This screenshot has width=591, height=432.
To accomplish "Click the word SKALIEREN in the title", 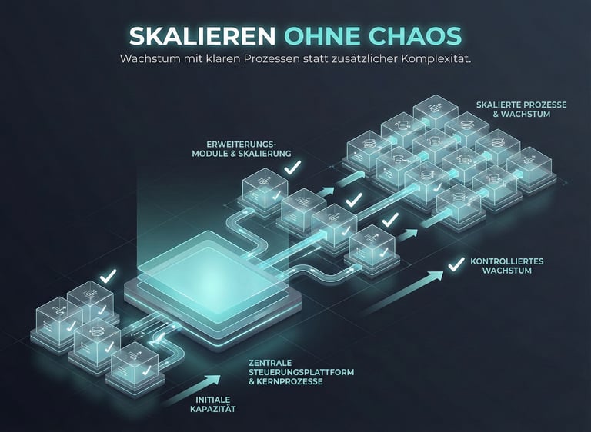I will [202, 35].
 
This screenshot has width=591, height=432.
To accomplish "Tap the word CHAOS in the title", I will [419, 35].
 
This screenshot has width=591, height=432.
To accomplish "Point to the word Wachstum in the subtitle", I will [145, 60].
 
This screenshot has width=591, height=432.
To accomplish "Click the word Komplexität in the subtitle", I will [437, 60].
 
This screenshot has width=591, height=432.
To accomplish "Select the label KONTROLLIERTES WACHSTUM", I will [506, 266].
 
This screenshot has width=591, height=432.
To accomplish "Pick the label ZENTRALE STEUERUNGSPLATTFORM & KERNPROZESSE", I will [301, 372].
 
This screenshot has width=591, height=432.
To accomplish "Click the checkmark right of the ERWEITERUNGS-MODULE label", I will [292, 165].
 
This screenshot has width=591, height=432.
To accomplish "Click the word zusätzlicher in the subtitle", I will [364, 60].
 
